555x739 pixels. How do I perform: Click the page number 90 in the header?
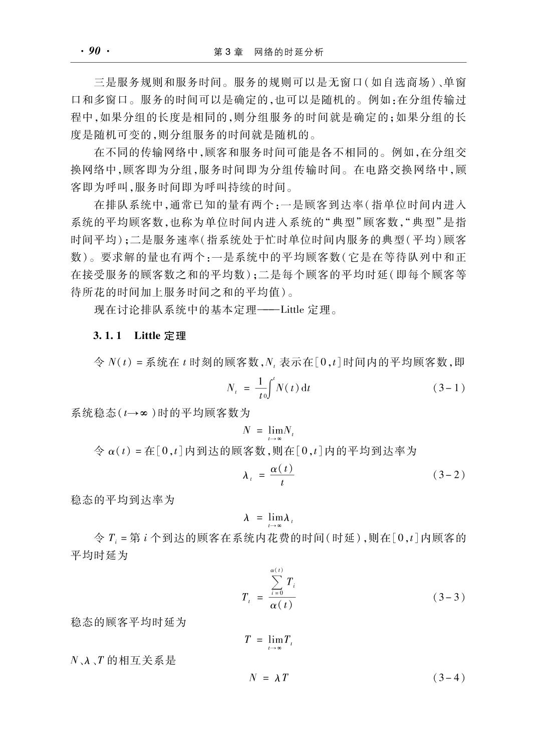(x=94, y=51)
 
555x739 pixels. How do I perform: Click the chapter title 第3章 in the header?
(x=228, y=52)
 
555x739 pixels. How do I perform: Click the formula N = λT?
(x=268, y=678)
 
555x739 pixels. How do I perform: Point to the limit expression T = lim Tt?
(x=268, y=640)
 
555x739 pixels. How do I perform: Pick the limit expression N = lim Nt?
(x=268, y=431)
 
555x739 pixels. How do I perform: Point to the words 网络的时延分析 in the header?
(x=289, y=52)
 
